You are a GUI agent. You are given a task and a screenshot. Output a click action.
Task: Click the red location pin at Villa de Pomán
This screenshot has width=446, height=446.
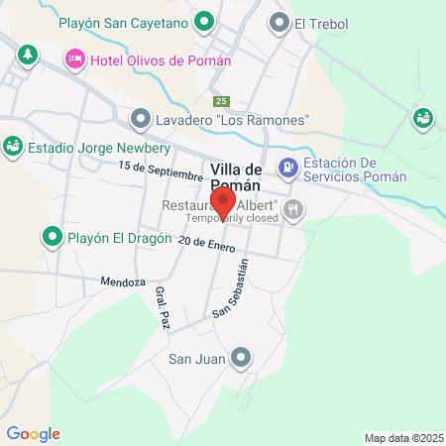coord(222,199)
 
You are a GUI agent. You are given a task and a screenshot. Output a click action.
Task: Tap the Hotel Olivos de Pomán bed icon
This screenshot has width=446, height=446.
coord(74,61)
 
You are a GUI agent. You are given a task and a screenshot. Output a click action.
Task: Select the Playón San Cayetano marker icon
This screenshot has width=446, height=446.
coord(204,21)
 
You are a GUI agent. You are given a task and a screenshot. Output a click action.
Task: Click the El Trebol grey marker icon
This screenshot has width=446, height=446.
coord(279,22)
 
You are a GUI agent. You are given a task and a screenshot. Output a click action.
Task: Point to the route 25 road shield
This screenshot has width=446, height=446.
coord(221,101)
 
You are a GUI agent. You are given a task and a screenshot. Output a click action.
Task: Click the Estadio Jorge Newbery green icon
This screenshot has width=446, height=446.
coord(13,147)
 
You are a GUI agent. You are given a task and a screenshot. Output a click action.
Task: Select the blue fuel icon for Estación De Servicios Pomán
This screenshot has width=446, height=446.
coord(288,167)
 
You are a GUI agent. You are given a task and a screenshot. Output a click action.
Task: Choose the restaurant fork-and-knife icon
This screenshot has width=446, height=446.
coord(292,209)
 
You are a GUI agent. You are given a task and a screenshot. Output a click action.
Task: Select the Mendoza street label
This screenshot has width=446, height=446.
coord(123,281)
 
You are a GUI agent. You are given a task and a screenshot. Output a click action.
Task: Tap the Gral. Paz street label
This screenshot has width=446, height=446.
coord(162,307)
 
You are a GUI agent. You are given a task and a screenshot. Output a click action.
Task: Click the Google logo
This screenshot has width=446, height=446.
coord(33,434)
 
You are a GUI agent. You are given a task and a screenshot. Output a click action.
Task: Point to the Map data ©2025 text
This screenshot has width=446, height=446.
coord(403,438)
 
